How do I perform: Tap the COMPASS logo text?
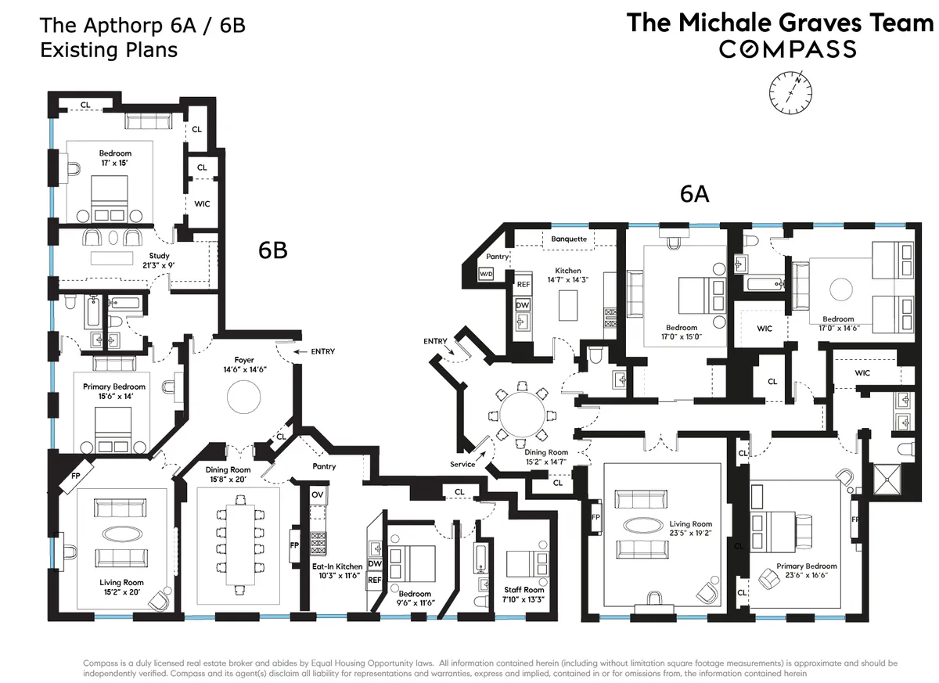click(x=788, y=49)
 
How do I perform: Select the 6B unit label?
click(x=273, y=250)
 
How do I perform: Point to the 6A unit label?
click(x=694, y=194)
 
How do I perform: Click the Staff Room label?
click(x=524, y=590)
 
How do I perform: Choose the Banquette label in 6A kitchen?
click(x=569, y=239)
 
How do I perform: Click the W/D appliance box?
click(x=486, y=274)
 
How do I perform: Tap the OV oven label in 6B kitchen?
click(x=318, y=494)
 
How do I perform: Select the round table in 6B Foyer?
click(x=244, y=397)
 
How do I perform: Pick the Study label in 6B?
click(x=159, y=256)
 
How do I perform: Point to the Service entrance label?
click(x=462, y=464)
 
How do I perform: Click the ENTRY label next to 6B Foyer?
click(x=322, y=352)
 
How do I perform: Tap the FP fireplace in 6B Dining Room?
click(x=295, y=545)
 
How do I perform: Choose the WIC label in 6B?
click(x=203, y=203)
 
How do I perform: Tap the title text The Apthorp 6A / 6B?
click(x=142, y=25)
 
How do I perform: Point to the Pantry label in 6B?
click(x=324, y=466)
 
